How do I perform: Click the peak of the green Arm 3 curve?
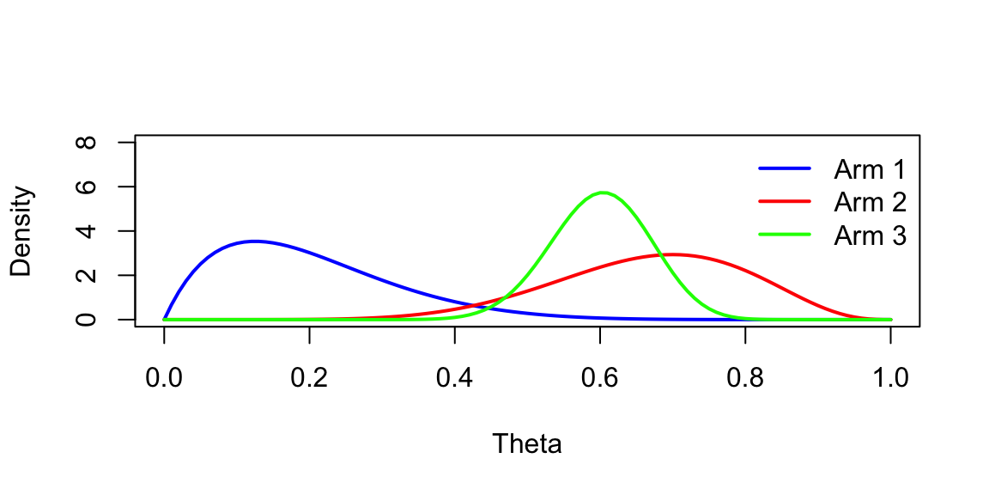click(x=604, y=192)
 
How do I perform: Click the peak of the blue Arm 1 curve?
click(x=254, y=241)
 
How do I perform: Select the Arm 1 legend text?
click(x=870, y=169)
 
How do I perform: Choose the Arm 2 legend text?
click(x=870, y=202)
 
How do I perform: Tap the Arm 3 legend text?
click(x=870, y=235)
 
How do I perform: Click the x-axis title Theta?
click(x=527, y=444)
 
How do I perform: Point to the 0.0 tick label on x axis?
click(x=164, y=378)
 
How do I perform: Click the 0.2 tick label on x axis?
click(x=309, y=378)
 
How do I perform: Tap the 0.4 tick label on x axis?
click(x=454, y=378)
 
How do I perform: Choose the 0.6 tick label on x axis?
click(x=600, y=378)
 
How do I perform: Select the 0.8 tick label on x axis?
click(x=745, y=378)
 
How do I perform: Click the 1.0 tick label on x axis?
click(x=890, y=378)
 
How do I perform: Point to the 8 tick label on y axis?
click(x=87, y=142)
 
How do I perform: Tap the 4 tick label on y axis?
click(x=87, y=230)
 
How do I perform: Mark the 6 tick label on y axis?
click(x=87, y=186)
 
